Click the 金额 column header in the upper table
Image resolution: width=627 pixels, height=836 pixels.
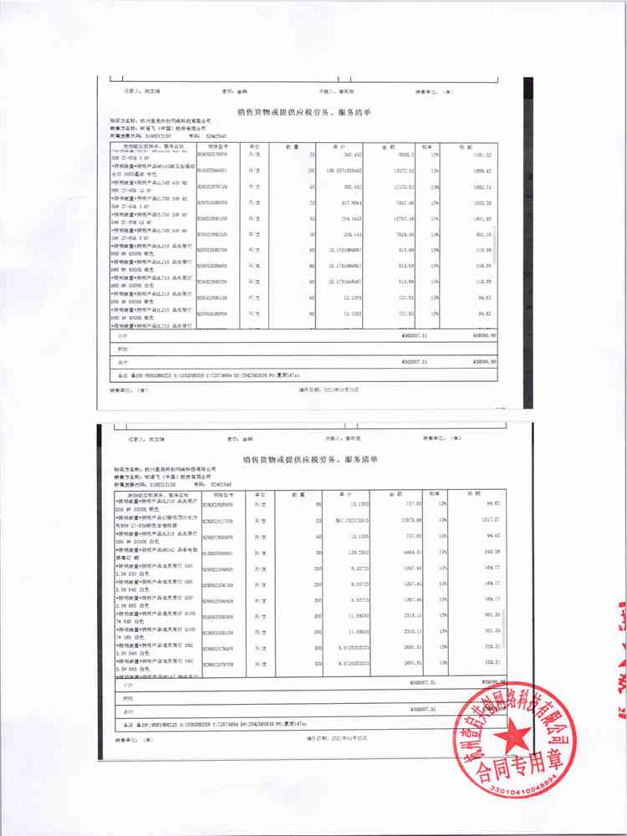tap(388, 145)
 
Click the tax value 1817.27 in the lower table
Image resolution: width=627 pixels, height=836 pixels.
tap(486, 520)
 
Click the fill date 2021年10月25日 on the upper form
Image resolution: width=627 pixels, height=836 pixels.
tap(334, 389)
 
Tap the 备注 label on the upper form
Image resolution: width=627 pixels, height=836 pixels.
tap(122, 375)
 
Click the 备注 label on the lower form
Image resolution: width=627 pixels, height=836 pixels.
tap(122, 724)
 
